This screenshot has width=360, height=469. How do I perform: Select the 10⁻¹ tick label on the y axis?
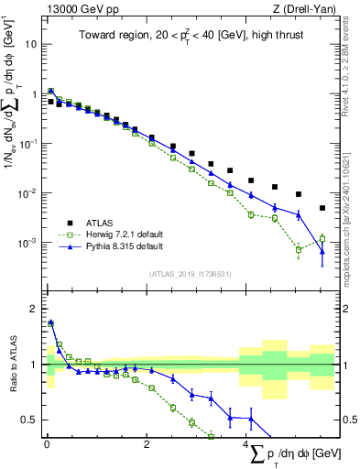click(x=27, y=144)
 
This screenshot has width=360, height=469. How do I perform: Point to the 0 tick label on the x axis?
click(x=47, y=448)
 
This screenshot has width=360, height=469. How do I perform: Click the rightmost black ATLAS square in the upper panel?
click(x=322, y=208)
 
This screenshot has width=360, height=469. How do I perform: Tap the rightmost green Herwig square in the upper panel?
click(x=322, y=238)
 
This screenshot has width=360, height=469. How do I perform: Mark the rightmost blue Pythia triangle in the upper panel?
click(x=322, y=250)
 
